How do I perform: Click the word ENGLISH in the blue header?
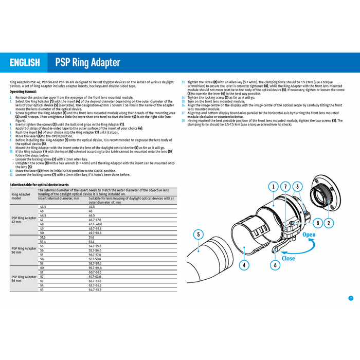pos(24,63)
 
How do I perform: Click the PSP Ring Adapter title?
pos(87,63)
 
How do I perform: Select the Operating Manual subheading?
pos(23,92)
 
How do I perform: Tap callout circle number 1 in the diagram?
pos(274,186)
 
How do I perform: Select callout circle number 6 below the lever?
pos(276,265)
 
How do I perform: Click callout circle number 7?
pos(286,186)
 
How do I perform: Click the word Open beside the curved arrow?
pos(309,235)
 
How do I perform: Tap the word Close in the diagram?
pos(288,258)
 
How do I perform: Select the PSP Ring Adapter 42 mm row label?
pos(24,220)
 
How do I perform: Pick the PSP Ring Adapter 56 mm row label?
pos(24,278)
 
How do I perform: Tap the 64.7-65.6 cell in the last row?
pos(95,290)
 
